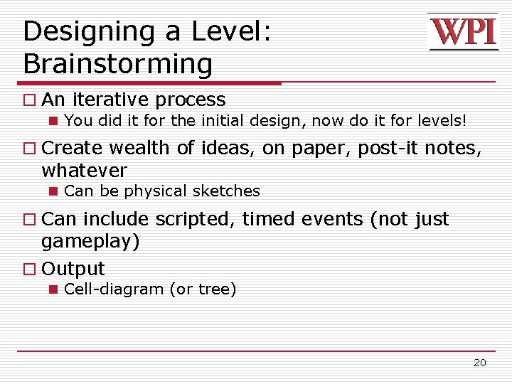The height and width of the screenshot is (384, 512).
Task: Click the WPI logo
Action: [x=462, y=33]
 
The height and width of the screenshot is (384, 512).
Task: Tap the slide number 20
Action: [x=480, y=363]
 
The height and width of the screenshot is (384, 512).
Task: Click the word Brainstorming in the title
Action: [x=117, y=64]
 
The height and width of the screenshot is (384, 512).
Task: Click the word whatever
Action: [x=84, y=171]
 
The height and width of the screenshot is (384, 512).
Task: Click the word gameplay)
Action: [x=90, y=242]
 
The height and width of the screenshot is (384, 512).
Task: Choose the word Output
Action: [x=73, y=269]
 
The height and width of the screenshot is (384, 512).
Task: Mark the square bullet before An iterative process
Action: [x=28, y=100]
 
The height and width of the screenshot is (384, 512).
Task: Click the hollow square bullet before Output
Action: [x=28, y=270]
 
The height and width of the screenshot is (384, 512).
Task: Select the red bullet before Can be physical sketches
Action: [x=53, y=192]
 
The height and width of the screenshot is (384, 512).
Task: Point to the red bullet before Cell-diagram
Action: [x=53, y=290]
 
